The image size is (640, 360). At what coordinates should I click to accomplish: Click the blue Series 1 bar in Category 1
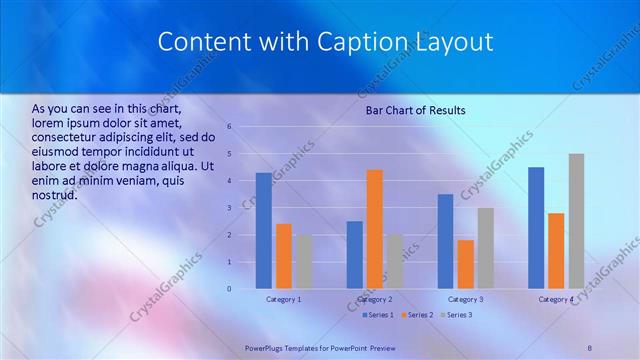pos(264,231)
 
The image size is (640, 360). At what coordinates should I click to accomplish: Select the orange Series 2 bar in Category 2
pos(374,229)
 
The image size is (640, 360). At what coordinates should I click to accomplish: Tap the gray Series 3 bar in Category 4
pos(576,221)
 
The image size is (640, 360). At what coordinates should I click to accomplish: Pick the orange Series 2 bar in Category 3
pos(465,264)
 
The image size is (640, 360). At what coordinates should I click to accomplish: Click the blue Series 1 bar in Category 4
pos(536,228)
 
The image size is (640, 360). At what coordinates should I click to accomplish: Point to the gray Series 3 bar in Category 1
pos(303,262)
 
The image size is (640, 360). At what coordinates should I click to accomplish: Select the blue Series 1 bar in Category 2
pos(355,255)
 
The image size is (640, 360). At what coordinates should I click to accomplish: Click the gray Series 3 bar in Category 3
pos(485,248)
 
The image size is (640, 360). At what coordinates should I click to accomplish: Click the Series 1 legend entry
pos(378,315)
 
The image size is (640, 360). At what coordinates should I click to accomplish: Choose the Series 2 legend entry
pos(418,315)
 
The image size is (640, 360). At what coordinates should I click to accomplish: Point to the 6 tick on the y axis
pos(230,127)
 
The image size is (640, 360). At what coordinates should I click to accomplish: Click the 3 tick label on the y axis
pos(230,208)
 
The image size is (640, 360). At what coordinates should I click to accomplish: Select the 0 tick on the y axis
pos(230,289)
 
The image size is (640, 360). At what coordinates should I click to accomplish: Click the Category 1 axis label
pos(284,299)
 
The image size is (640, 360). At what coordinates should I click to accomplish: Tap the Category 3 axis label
pos(465,299)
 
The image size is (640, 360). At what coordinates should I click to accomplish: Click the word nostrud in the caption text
pos(54,194)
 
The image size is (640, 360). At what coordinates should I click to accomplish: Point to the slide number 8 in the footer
pos(589,346)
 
